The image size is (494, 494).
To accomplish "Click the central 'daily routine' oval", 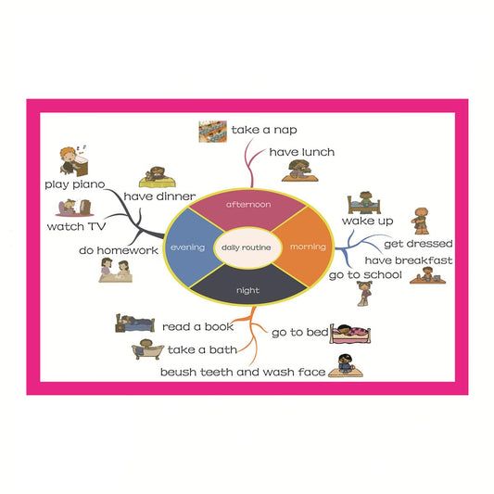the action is pos(247,247).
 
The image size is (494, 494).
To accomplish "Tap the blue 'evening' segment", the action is pos(189,247).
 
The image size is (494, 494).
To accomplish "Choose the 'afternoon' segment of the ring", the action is pos(248,208).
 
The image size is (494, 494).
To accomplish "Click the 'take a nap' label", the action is pos(264,130).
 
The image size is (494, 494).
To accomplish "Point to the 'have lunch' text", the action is pos(302,152).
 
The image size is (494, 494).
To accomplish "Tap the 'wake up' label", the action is pos(367,221).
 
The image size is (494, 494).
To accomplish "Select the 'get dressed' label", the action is pos(418,244).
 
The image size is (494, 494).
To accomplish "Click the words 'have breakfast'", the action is pos(409,260).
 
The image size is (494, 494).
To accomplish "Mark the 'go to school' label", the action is pos(365,275).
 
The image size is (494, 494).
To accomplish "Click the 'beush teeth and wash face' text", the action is pos(243,372).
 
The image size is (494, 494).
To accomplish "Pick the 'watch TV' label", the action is pos(76,226).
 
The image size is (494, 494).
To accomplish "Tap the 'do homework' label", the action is pos(119,250).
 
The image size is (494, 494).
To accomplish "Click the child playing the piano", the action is pos(74,160).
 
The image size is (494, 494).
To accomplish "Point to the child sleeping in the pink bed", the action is pos(350,334).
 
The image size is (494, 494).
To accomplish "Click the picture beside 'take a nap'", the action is pos(212,132).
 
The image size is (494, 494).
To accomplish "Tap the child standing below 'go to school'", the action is pos(364,294).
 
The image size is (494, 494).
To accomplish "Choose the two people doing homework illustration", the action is pos(115,270).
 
